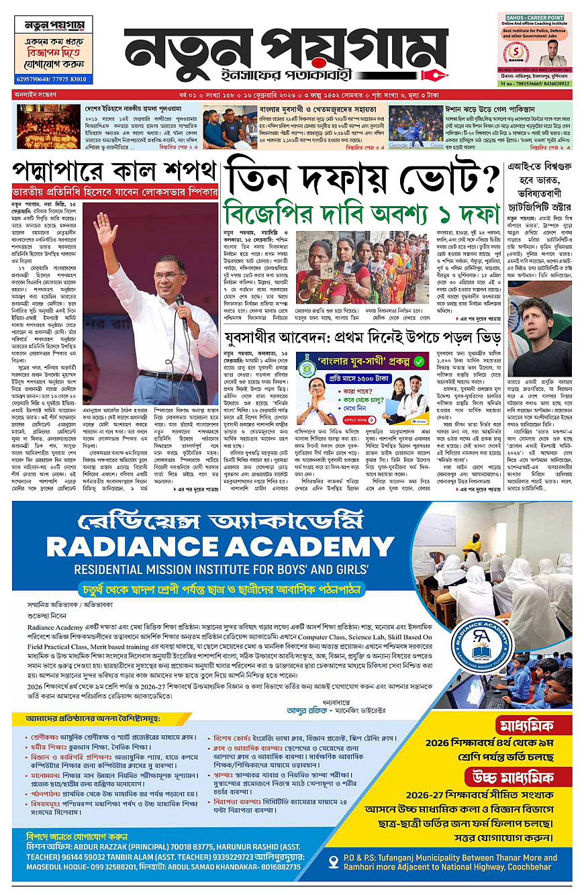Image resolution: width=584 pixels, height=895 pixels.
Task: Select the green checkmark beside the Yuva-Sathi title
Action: pos(418,361)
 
